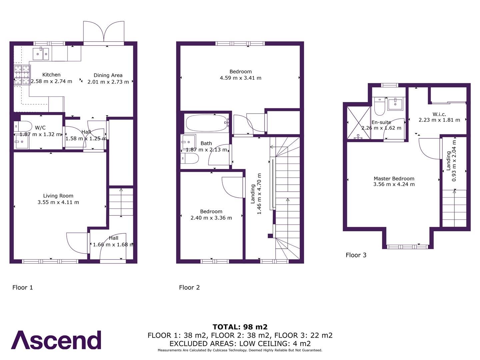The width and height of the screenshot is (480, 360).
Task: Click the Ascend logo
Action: [x=56, y=340]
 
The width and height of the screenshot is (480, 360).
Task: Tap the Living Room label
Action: [x=58, y=196]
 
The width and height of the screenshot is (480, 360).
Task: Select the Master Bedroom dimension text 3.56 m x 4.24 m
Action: [x=394, y=184]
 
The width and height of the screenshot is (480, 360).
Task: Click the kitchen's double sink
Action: [x=41, y=54]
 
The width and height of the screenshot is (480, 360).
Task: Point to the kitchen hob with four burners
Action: [x=22, y=75]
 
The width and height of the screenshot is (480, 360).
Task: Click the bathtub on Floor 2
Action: [x=206, y=123]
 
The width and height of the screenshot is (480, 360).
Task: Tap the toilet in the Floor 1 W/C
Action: [x=23, y=126]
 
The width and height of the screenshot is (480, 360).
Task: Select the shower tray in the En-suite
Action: [x=358, y=123]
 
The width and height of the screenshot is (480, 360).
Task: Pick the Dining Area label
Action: [x=108, y=75]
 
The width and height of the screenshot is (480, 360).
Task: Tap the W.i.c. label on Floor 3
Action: [x=439, y=114]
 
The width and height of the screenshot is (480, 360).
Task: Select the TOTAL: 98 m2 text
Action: [x=240, y=327]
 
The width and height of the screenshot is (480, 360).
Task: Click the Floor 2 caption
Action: [x=189, y=287]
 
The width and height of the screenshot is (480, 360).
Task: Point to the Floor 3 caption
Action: [x=356, y=255]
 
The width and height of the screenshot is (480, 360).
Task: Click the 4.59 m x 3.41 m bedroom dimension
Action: [x=240, y=78]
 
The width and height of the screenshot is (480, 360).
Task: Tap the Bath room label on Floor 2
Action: [x=206, y=143]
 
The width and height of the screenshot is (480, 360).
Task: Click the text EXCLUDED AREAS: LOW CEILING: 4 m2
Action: [x=240, y=343]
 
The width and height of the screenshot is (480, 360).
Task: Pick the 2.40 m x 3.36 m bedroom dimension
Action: [x=211, y=218]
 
